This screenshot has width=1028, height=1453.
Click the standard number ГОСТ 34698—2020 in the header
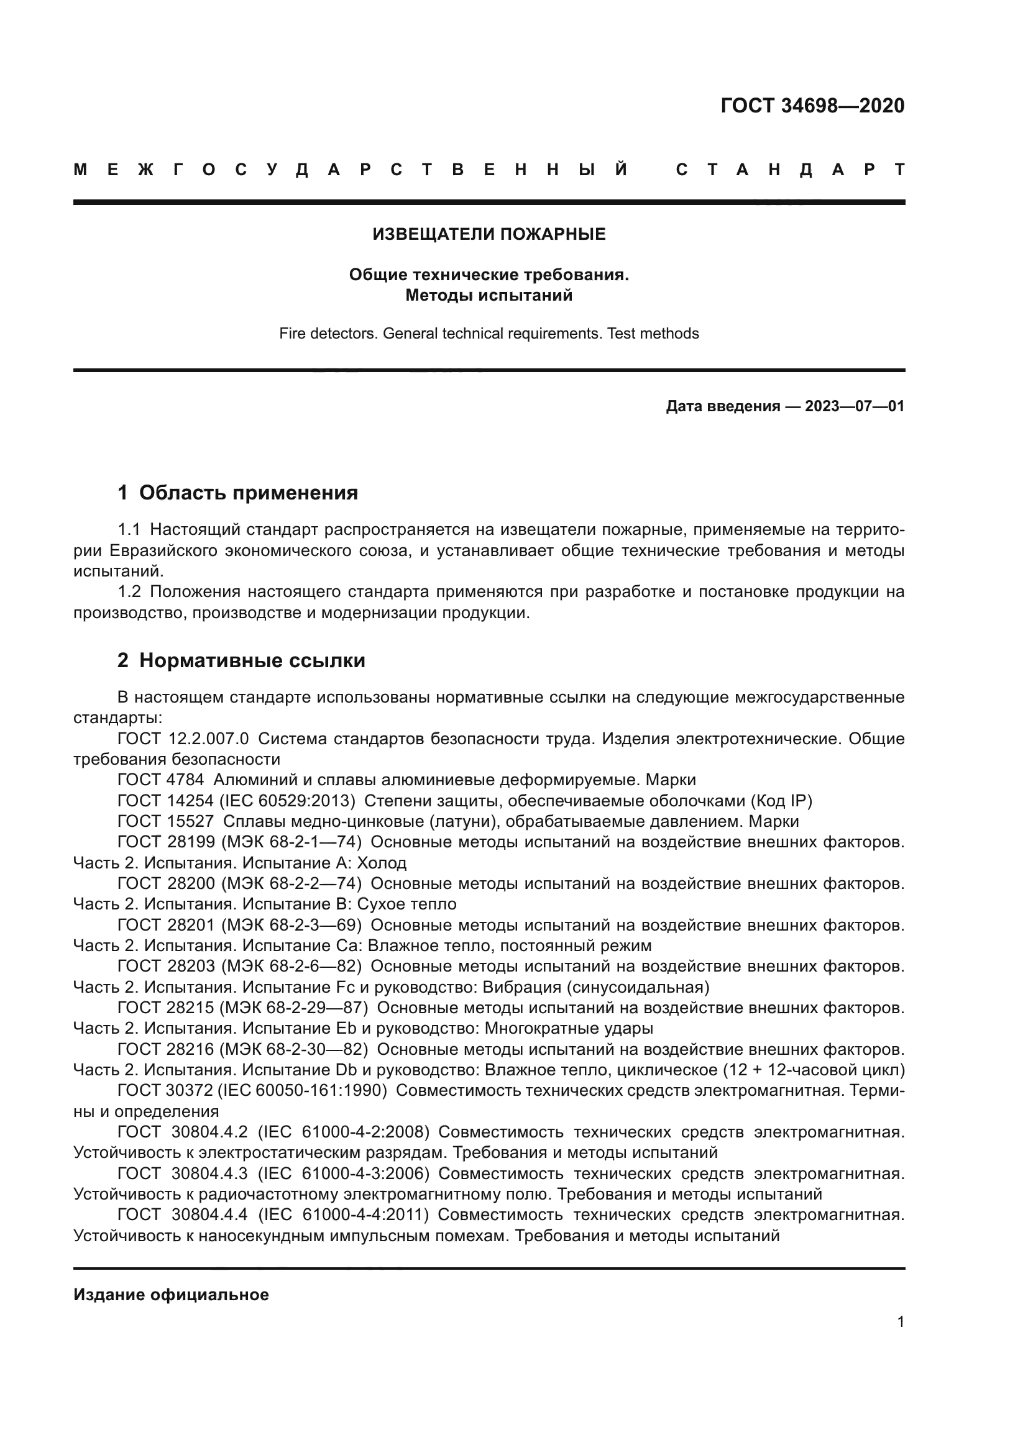point(812,106)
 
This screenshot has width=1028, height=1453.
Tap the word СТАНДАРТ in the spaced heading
point(790,170)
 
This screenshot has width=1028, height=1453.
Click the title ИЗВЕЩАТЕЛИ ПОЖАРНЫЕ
point(489,234)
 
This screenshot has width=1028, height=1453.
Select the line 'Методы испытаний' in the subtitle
point(489,296)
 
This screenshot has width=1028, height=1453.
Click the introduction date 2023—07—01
point(855,406)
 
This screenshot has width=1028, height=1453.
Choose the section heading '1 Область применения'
point(238,493)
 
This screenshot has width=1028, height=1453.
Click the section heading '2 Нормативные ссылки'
point(241,661)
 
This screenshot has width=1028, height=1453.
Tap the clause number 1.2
point(129,593)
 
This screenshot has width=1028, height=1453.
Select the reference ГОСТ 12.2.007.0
point(183,739)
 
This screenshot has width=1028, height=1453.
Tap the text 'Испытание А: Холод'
point(324,863)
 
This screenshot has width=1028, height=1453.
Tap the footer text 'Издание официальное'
point(171,1295)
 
